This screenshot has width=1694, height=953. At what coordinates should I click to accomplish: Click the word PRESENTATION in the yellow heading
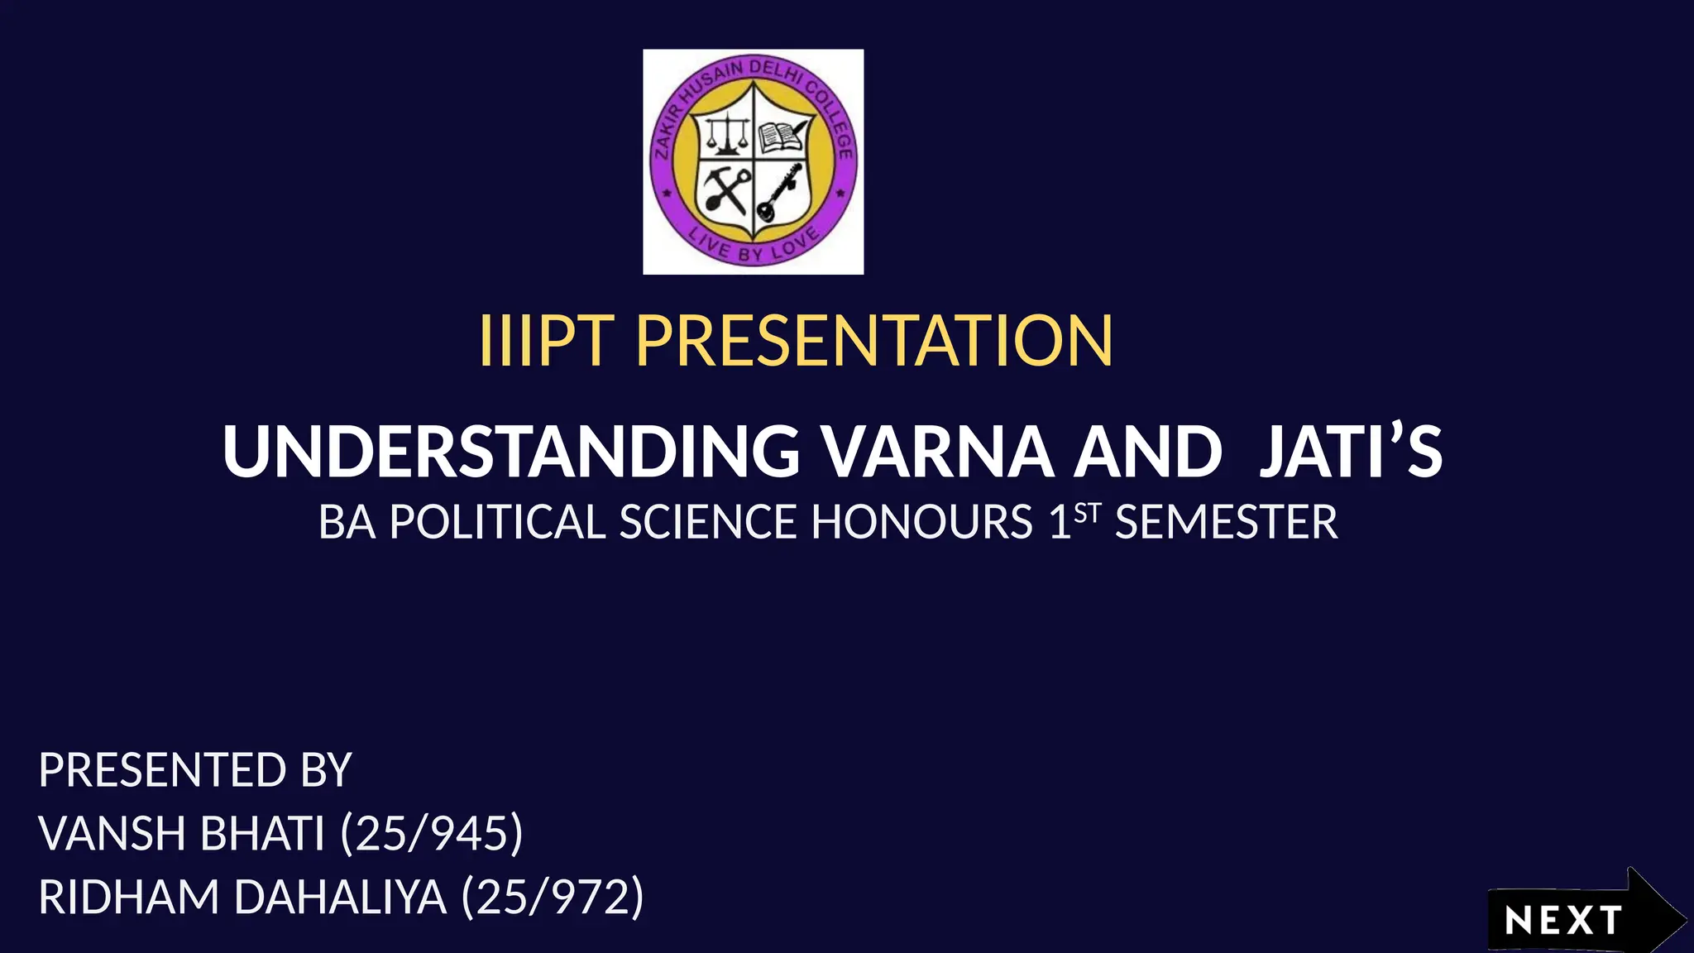click(874, 341)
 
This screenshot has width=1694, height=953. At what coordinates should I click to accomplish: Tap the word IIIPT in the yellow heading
click(546, 341)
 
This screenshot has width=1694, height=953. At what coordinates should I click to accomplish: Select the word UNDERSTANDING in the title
click(510, 452)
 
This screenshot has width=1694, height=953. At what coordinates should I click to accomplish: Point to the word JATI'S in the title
click(1350, 452)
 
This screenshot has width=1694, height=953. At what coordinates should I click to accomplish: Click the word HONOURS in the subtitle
click(921, 523)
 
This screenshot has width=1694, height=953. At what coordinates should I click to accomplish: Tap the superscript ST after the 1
click(1088, 514)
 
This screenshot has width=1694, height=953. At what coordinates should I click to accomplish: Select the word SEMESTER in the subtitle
click(1226, 523)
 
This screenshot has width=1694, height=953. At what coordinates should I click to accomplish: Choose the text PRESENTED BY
click(195, 770)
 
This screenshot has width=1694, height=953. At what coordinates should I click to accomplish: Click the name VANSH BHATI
click(181, 833)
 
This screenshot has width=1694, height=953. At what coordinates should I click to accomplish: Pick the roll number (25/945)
click(432, 833)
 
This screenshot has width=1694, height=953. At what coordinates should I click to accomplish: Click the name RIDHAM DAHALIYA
click(242, 897)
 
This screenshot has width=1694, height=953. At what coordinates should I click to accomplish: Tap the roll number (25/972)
click(553, 897)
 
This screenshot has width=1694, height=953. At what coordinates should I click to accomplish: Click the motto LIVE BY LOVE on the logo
click(753, 246)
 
